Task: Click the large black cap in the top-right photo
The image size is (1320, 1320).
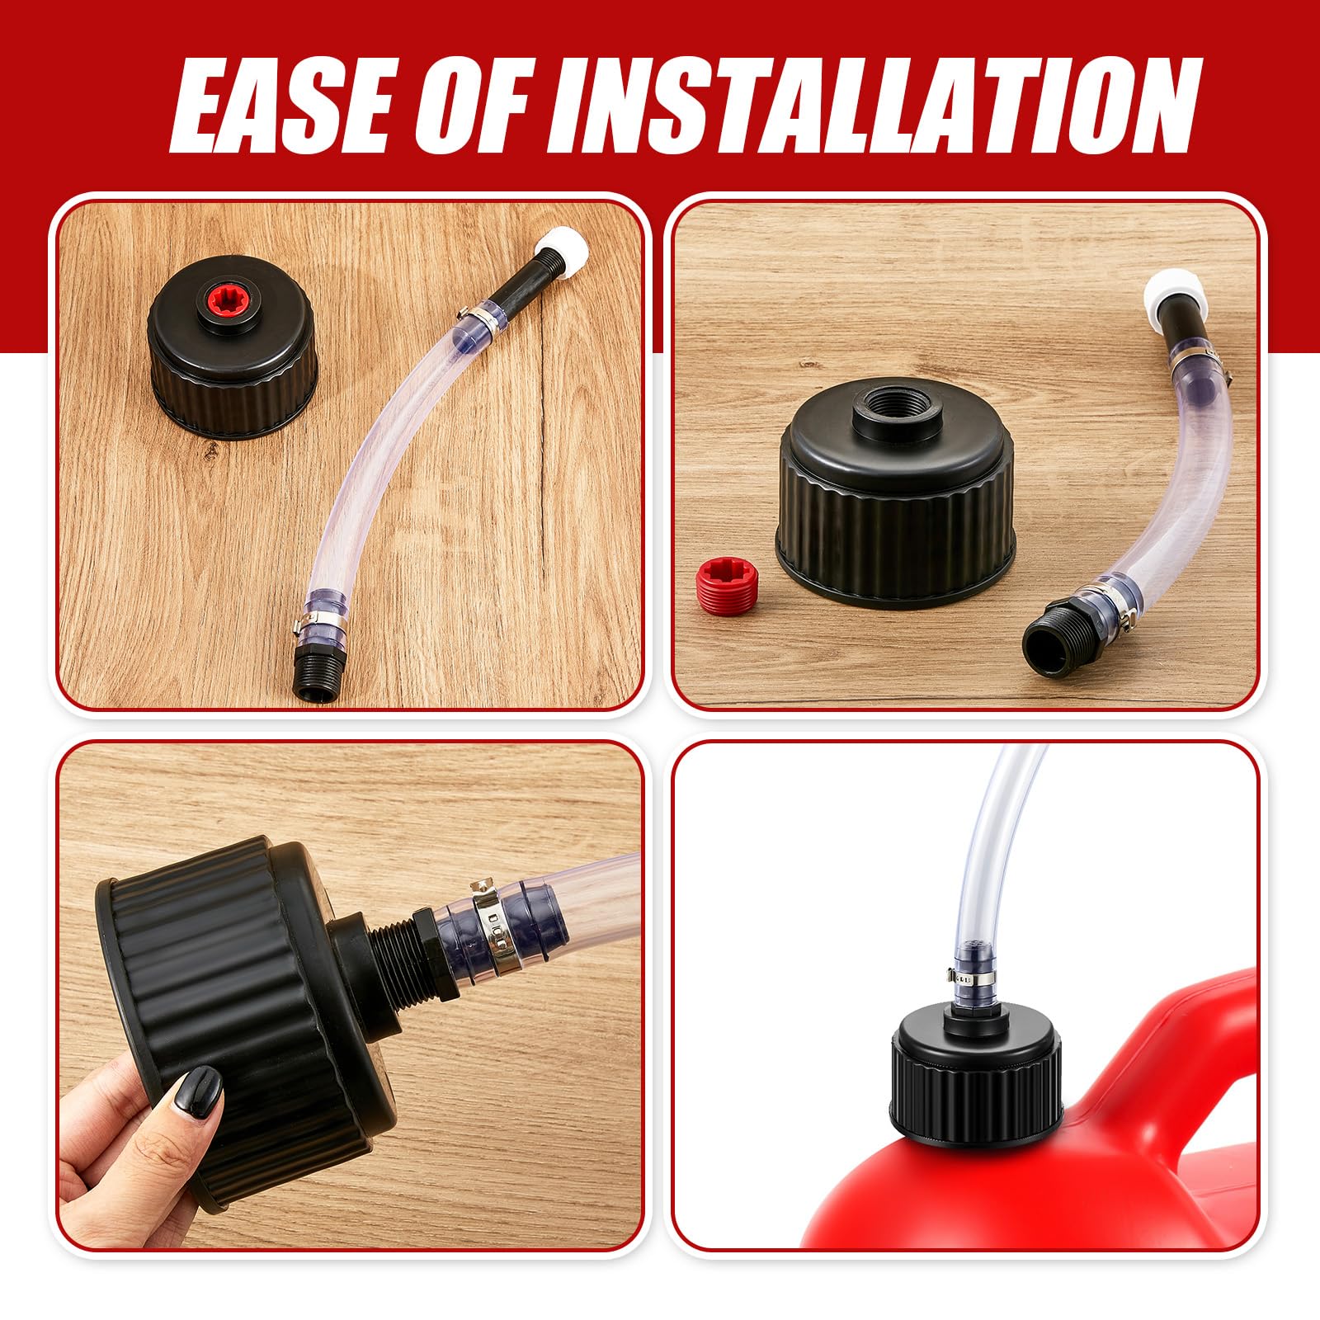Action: [899, 495]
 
